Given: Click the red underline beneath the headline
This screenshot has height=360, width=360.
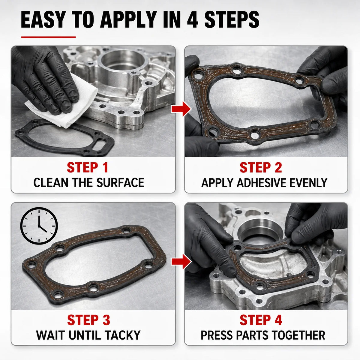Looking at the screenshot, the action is [48, 37].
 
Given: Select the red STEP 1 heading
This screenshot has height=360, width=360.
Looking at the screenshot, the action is [87, 167].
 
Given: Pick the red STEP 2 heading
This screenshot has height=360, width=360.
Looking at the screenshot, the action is [261, 167].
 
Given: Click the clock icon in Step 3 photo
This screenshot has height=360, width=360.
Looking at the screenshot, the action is [39, 226].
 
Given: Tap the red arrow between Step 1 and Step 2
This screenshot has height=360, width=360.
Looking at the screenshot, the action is [181, 109].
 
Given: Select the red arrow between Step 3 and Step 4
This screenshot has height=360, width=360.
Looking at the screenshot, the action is [181, 262].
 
